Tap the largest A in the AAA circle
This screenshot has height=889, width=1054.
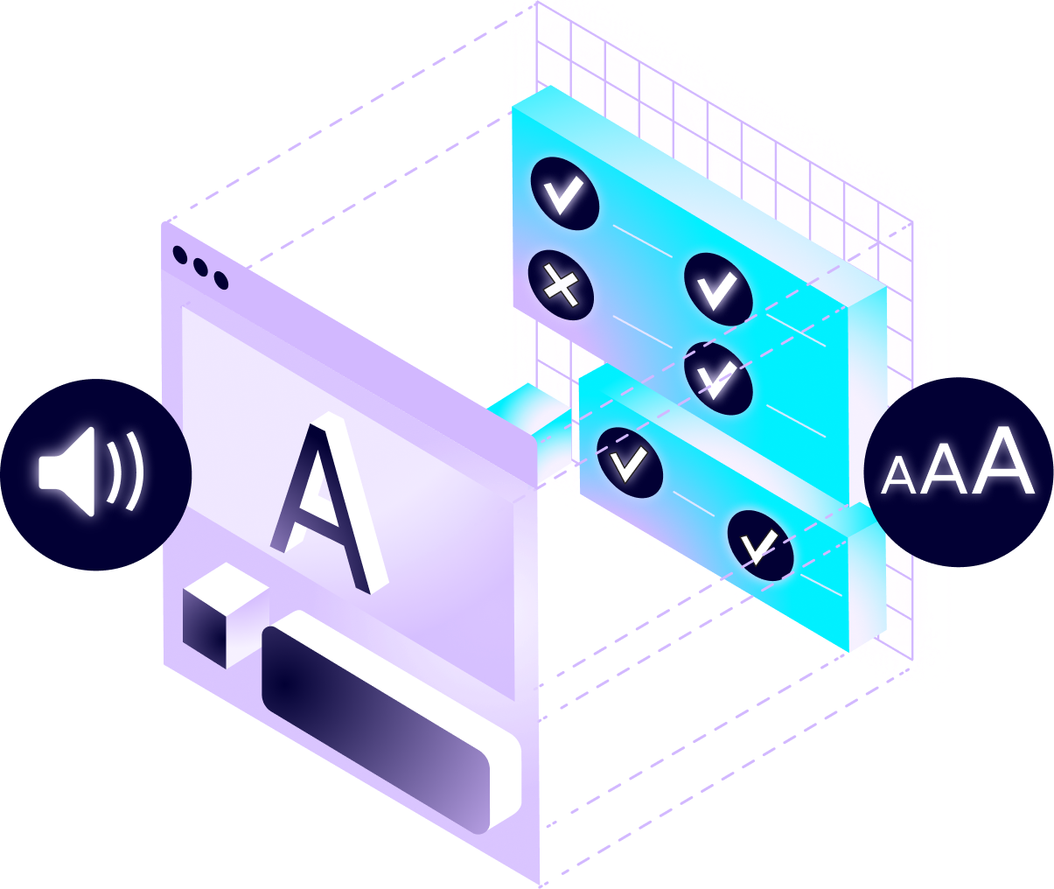tap(1006, 461)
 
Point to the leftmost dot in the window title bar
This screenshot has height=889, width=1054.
tap(180, 255)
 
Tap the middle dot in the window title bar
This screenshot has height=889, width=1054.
tap(200, 268)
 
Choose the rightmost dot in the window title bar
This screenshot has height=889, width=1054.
tap(220, 281)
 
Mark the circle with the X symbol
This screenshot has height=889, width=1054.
tap(562, 285)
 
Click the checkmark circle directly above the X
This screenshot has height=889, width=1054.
tap(564, 193)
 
